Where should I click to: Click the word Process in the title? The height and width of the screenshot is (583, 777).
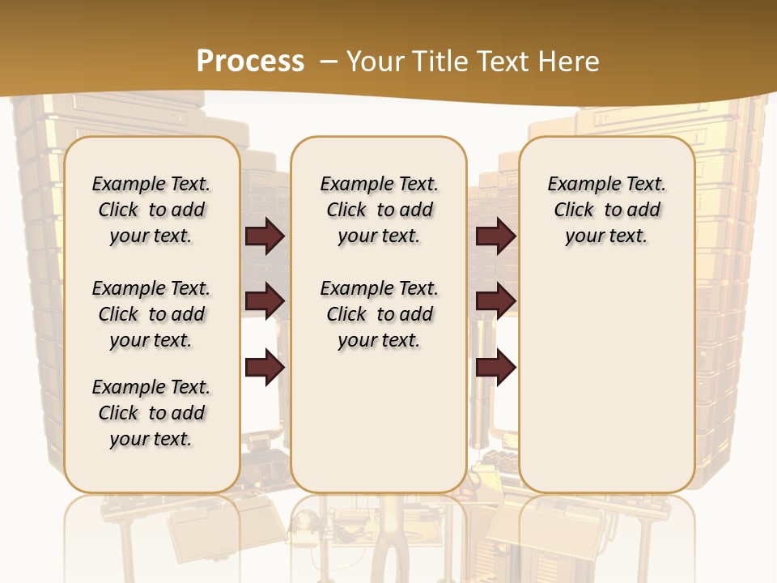(x=250, y=62)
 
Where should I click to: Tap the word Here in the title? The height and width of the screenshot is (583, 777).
(x=571, y=62)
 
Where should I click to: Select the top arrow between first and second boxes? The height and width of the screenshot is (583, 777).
(x=265, y=236)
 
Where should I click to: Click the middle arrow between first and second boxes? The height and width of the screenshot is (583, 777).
(x=265, y=301)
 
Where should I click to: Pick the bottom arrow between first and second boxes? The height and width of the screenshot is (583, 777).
(x=265, y=367)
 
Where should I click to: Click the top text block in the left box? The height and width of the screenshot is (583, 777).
(x=151, y=210)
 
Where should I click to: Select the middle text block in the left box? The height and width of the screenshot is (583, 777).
(x=151, y=314)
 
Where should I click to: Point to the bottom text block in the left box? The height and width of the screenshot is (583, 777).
(x=151, y=413)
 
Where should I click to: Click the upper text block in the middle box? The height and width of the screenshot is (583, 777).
(x=379, y=210)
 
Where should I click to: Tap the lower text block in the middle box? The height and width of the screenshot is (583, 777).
(x=379, y=314)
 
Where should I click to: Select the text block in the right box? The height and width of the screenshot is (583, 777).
(x=606, y=210)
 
